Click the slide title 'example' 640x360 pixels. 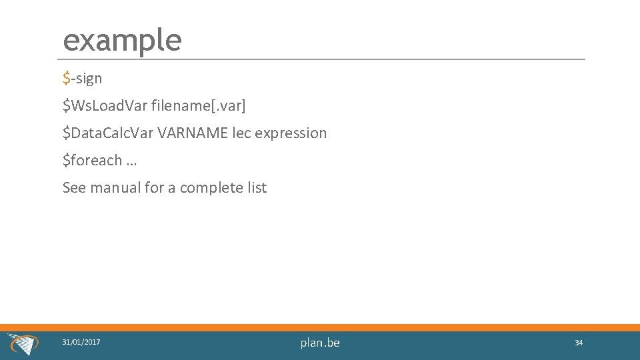(x=122, y=40)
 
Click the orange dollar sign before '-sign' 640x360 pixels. (x=66, y=79)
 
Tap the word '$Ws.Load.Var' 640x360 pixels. (x=105, y=105)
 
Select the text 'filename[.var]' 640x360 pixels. (x=199, y=106)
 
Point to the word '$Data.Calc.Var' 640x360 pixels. (x=108, y=133)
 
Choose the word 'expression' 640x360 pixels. (x=291, y=133)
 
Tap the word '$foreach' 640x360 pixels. (x=92, y=160)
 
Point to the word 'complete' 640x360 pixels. (x=211, y=188)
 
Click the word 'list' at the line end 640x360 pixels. (x=257, y=187)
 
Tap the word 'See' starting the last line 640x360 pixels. (x=74, y=187)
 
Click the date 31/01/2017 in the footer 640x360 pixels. (x=81, y=342)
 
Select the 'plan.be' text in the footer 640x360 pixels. (x=320, y=343)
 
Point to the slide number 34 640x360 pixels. (x=579, y=343)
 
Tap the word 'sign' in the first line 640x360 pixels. (x=88, y=79)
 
